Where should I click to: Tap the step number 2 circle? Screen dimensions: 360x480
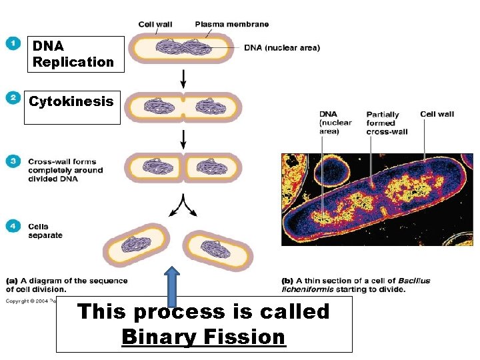coord(13,98)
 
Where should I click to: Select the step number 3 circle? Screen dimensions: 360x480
coord(13,161)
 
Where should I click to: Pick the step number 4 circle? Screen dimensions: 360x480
coord(13,227)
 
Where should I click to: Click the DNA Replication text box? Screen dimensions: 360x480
coord(74,54)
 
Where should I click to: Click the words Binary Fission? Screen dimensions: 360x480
coord(203,337)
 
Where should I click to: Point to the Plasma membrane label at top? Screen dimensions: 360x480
coord(232,25)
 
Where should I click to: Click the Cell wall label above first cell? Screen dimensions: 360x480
coord(155,25)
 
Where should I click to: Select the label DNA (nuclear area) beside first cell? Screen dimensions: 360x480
coord(281,47)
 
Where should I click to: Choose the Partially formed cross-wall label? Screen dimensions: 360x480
coord(387,123)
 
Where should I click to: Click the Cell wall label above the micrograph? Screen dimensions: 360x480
coord(437,114)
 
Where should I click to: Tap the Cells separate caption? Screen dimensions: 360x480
coord(45,231)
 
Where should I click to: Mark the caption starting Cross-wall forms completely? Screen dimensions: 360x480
coord(65,170)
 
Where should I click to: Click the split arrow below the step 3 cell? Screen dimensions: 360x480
coord(183,205)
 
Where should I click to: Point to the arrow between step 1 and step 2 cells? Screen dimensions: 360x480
coord(183,79)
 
